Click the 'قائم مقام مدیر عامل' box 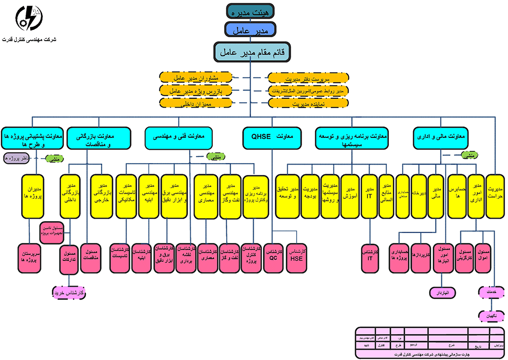pyautogui.click(x=251, y=52)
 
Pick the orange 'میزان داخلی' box pyautogui.click(x=196, y=103)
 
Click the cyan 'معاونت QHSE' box pyautogui.click(x=272, y=138)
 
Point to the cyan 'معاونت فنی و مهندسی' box pyautogui.click(x=178, y=138)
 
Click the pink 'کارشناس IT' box pyautogui.click(x=370, y=255)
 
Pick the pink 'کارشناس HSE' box pyautogui.click(x=297, y=255)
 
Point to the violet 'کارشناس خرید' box pyautogui.click(x=70, y=293)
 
